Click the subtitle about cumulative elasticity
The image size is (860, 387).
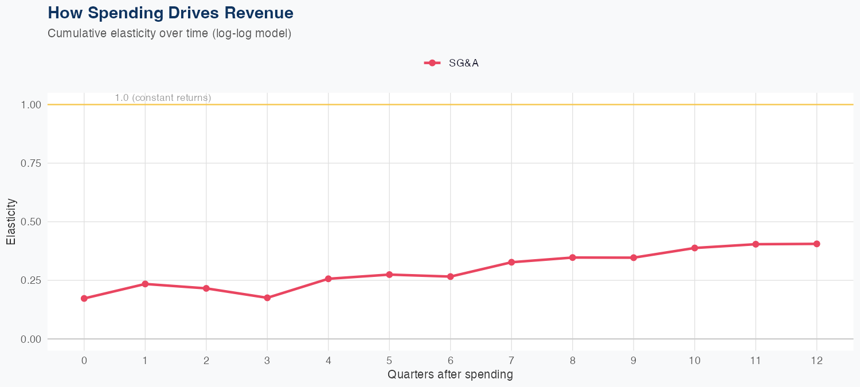(170, 33)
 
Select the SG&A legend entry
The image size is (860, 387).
(452, 63)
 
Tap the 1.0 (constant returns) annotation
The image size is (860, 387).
(163, 97)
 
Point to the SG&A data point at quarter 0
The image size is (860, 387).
(84, 299)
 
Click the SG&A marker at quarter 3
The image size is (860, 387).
(267, 298)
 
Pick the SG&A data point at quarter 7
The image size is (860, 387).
(511, 262)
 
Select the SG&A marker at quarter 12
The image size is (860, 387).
(816, 244)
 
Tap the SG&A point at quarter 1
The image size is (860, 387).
(145, 284)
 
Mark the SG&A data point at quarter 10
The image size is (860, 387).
(694, 248)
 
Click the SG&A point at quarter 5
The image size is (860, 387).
(389, 275)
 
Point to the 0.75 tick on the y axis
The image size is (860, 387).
(30, 163)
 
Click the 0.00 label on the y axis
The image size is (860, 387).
(30, 339)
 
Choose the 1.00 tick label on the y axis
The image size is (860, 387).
(30, 105)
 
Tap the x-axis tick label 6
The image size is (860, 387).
(451, 361)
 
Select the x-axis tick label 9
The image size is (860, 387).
(634, 361)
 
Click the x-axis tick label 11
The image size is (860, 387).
(756, 361)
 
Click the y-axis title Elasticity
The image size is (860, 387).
(11, 222)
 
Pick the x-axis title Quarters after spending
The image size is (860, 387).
(450, 375)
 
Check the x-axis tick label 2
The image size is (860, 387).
(206, 361)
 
